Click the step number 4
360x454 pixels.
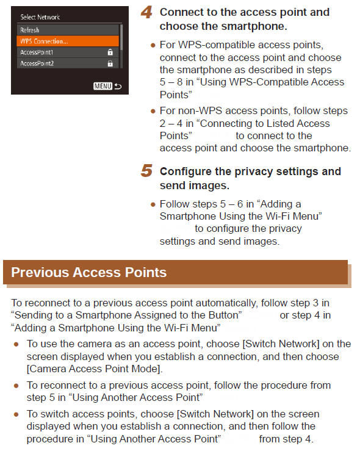point(147,13)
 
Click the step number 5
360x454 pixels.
point(147,171)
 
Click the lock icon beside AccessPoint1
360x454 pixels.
point(110,52)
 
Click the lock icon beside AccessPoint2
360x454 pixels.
point(110,63)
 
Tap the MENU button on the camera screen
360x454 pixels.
point(102,86)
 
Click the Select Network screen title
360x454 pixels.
point(40,17)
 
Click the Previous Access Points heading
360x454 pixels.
point(89,272)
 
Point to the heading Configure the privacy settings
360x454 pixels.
point(250,178)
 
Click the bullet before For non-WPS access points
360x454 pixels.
point(153,111)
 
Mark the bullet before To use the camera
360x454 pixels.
point(16,344)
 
